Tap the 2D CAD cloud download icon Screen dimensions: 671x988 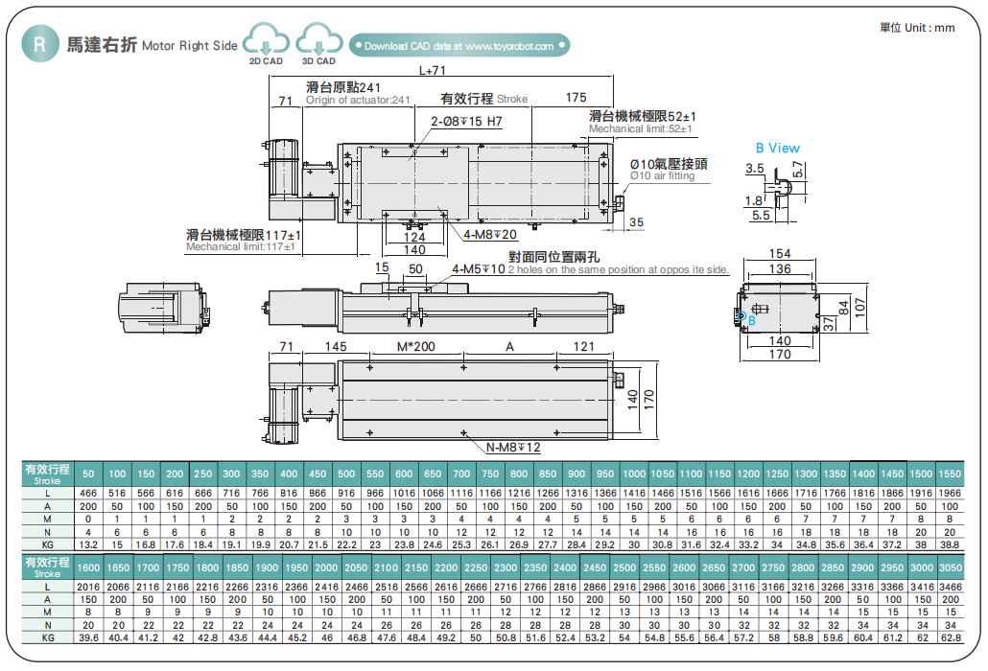coord(266,43)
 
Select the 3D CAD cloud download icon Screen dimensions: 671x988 coord(318,43)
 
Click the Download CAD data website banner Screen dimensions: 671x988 coord(459,45)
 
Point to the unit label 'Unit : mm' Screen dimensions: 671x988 coord(917,28)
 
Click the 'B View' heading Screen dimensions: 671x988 coord(777,148)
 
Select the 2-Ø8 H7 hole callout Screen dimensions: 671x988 coord(466,122)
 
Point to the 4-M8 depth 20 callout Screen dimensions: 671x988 coord(490,234)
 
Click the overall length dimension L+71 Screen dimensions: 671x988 coord(433,70)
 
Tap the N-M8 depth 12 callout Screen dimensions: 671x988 coord(514,447)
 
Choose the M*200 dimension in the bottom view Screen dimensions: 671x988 coord(415,346)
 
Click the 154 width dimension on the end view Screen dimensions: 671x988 coord(780,254)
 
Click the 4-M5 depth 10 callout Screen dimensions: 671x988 coord(478,268)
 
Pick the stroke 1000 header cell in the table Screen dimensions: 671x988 coord(634,474)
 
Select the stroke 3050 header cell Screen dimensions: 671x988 coord(950,567)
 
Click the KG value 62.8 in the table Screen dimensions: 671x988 coord(950,636)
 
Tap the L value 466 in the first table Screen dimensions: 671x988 coord(88,492)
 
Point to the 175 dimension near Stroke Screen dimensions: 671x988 coord(576,98)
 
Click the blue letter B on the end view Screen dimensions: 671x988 coord(752,321)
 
